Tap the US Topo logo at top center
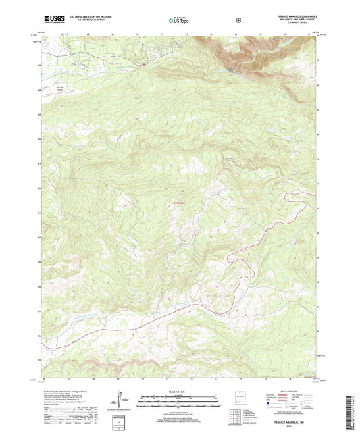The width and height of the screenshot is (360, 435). pos(179,20)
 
